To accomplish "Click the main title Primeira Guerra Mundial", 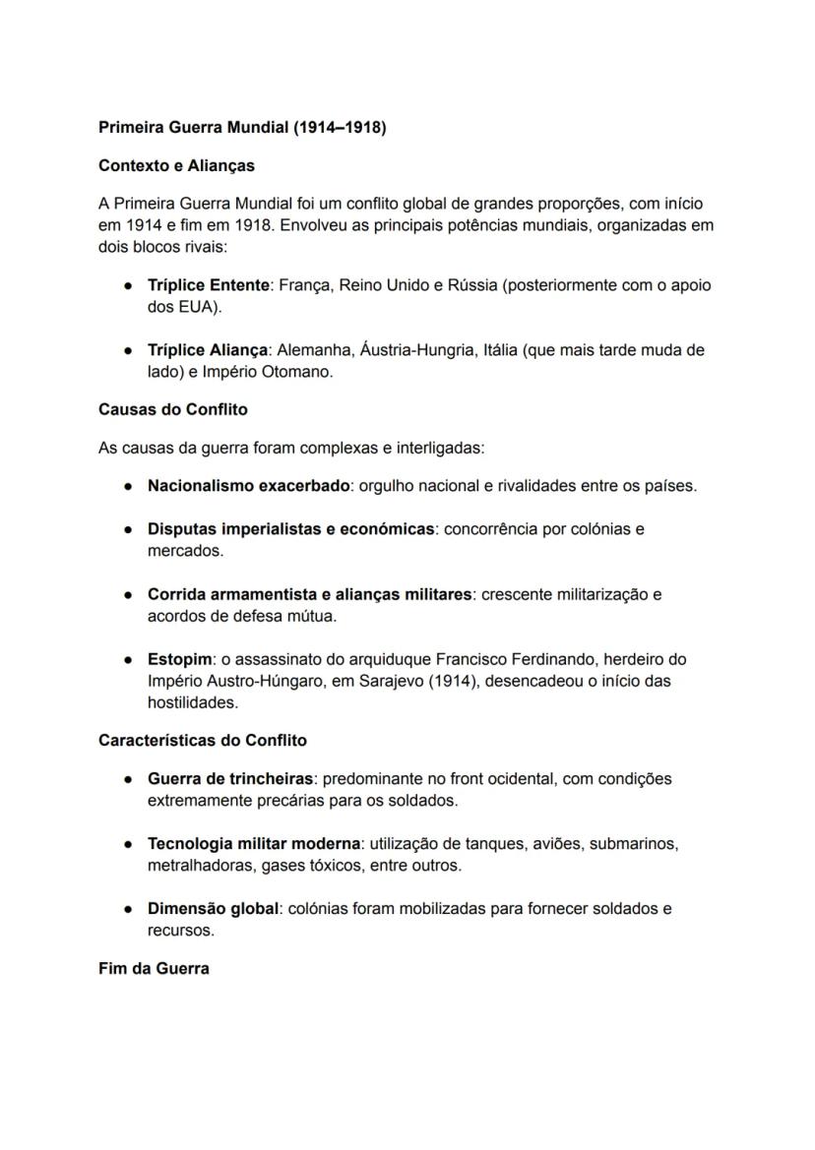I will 242,128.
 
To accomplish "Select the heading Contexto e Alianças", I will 176,165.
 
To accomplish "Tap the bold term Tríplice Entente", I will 208,285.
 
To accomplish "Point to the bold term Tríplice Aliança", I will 207,350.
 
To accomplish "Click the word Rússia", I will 472,285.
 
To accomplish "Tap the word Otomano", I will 299,373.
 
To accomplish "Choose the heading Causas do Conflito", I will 172,409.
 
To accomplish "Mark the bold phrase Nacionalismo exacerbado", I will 248,486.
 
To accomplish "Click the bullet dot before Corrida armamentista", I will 129,595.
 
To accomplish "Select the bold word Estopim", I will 179,659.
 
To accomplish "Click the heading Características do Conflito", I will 202,740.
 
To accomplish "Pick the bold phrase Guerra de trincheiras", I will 230,779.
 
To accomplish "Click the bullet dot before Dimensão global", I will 129,909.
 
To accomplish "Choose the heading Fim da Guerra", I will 154,969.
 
